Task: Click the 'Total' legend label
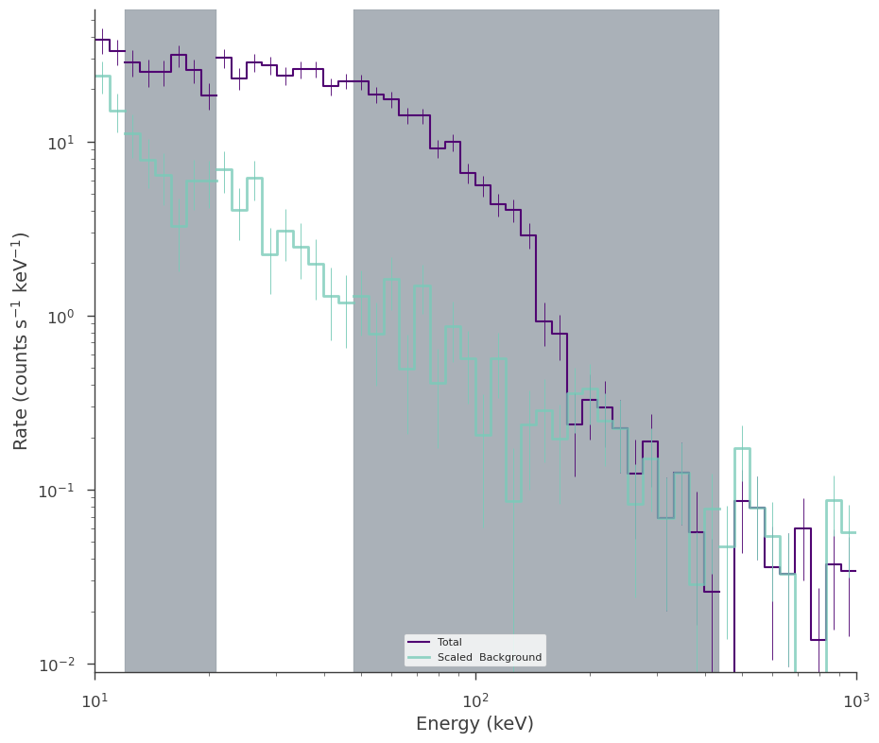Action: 450,642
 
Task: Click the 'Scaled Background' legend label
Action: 490,657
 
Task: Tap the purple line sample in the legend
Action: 419,642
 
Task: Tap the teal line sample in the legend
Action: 419,657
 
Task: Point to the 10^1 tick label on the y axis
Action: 60,143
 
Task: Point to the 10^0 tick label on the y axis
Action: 60,317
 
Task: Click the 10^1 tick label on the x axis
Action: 95,700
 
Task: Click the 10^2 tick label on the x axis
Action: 476,700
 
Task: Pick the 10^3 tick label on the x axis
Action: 856,700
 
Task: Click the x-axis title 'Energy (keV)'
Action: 474,723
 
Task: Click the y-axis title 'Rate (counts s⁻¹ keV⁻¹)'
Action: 20,341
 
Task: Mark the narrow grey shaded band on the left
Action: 170,341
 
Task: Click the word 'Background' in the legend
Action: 510,657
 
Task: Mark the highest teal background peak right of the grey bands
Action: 742,449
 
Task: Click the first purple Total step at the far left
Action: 102,40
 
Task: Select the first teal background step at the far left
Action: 102,76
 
